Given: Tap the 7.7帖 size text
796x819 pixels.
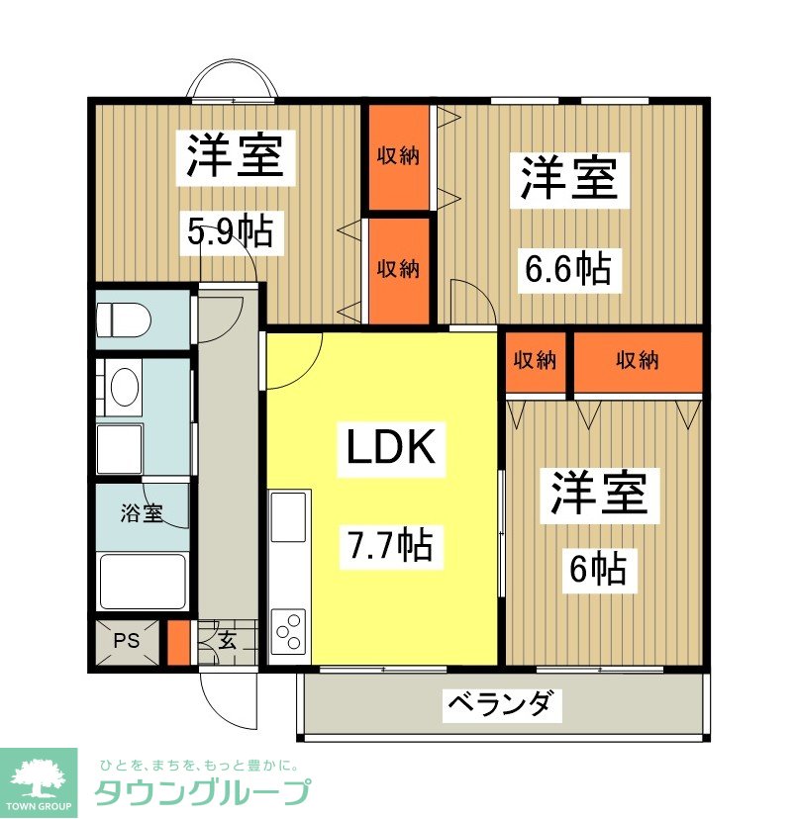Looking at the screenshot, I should tap(389, 544).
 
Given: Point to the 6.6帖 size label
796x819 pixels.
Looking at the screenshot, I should tap(566, 268).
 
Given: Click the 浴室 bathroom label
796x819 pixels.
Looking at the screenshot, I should tap(142, 513).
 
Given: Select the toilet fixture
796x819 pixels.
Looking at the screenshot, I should tap(123, 318).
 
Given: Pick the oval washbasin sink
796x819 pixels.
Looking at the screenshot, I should tap(125, 388).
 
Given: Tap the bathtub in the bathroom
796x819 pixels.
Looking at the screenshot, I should tap(143, 582).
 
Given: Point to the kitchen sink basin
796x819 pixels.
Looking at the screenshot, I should tap(288, 517).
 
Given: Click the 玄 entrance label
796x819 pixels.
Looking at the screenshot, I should tap(228, 640).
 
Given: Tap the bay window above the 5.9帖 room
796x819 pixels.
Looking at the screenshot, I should tap(234, 81).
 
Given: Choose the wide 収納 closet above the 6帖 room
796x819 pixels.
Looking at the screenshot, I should tap(638, 361).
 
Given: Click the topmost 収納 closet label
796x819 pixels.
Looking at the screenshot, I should tap(397, 156).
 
